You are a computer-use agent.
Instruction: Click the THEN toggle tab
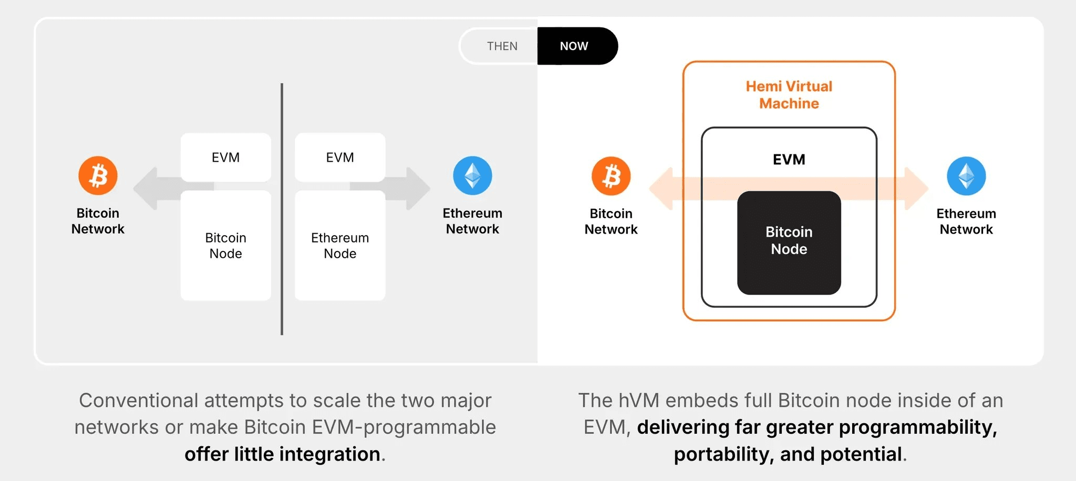499,46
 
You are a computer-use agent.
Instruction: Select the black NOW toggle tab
577,46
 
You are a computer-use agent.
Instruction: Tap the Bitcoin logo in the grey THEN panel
98,175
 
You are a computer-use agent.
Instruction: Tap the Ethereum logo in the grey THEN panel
472,175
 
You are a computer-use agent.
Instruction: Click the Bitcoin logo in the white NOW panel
611,176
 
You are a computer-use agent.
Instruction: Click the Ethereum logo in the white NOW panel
966,176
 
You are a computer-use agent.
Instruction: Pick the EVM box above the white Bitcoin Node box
226,158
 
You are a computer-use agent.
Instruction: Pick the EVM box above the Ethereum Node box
340,158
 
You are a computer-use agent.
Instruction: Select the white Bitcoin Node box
226,245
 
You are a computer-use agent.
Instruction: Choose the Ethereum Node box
340,245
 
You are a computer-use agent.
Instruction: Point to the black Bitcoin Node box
789,243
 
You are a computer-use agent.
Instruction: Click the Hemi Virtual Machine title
789,95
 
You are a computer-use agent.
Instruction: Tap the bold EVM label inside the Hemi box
789,159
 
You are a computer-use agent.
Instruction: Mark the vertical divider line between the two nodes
282,209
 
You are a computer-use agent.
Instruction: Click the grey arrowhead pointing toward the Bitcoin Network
146,189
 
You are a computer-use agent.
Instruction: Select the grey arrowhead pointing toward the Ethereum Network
419,189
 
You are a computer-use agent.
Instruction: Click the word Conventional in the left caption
139,400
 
